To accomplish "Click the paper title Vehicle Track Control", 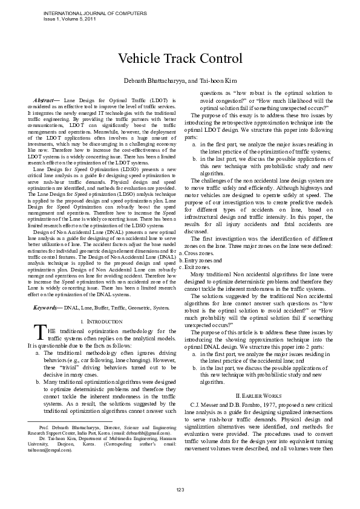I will coord(180,59).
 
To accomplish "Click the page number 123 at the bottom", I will coord(180,488).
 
